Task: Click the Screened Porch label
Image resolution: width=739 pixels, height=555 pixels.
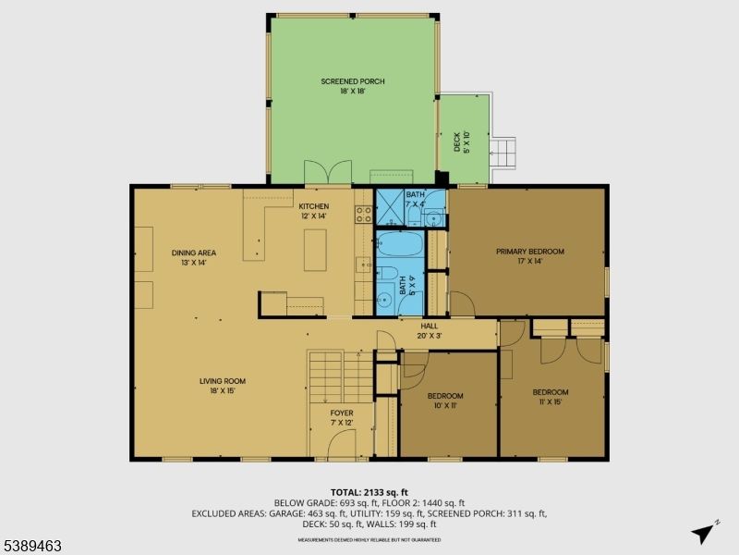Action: coord(352,87)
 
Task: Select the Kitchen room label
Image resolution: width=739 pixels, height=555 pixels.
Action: coord(314,211)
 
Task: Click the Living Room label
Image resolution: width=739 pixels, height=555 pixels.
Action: coord(223,386)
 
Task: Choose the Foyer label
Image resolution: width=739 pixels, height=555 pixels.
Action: coord(342,417)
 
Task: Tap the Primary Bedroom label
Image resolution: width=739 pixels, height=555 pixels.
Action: coord(529,256)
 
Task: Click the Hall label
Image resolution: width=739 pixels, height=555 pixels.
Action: coord(430,330)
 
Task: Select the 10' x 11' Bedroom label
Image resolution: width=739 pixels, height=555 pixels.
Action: coord(445,401)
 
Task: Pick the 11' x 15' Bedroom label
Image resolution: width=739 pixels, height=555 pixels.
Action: coord(550,397)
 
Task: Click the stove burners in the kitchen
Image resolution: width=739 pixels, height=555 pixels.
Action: coord(364,215)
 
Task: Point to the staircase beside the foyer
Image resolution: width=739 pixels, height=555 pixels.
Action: coord(326,375)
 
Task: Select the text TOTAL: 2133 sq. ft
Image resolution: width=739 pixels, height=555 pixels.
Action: coord(369,491)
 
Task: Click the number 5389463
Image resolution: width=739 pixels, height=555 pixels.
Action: coord(31,547)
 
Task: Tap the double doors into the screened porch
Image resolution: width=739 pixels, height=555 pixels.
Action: coord(328,171)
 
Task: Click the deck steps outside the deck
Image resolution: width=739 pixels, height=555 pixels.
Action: coord(505,153)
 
